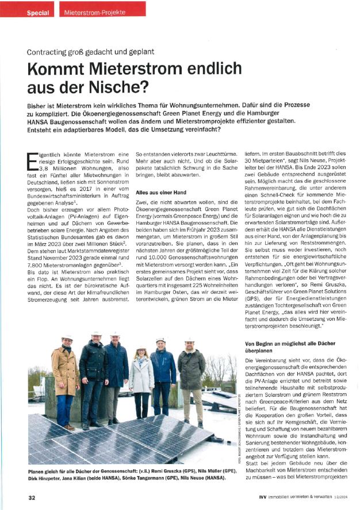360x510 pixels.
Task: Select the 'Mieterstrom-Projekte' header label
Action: coord(88,12)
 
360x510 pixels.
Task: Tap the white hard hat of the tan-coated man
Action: coord(67,338)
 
